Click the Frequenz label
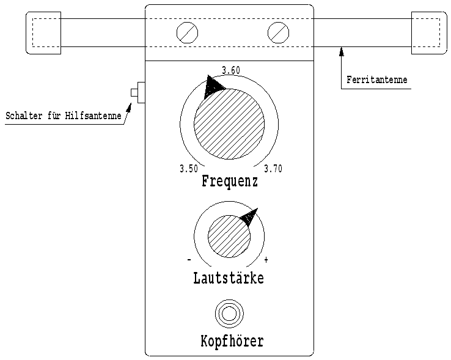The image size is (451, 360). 230,182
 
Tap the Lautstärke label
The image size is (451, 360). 229,277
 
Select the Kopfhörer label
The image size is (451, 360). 232,341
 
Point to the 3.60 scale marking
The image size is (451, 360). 231,70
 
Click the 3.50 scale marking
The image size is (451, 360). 189,168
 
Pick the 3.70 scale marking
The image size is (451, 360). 273,168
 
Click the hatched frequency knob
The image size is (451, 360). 229,123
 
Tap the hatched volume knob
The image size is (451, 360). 229,237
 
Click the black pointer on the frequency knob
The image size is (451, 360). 213,86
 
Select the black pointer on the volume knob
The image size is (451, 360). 250,216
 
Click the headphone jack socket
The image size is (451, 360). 229,314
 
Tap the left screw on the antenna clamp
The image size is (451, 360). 187,33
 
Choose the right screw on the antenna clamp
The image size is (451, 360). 278,33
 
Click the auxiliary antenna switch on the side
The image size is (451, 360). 137,92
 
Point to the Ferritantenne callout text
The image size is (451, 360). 377,79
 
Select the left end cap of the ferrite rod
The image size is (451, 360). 43,33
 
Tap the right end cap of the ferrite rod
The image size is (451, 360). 429,33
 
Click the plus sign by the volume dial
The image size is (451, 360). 266,260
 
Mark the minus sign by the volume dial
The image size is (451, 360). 189,260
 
